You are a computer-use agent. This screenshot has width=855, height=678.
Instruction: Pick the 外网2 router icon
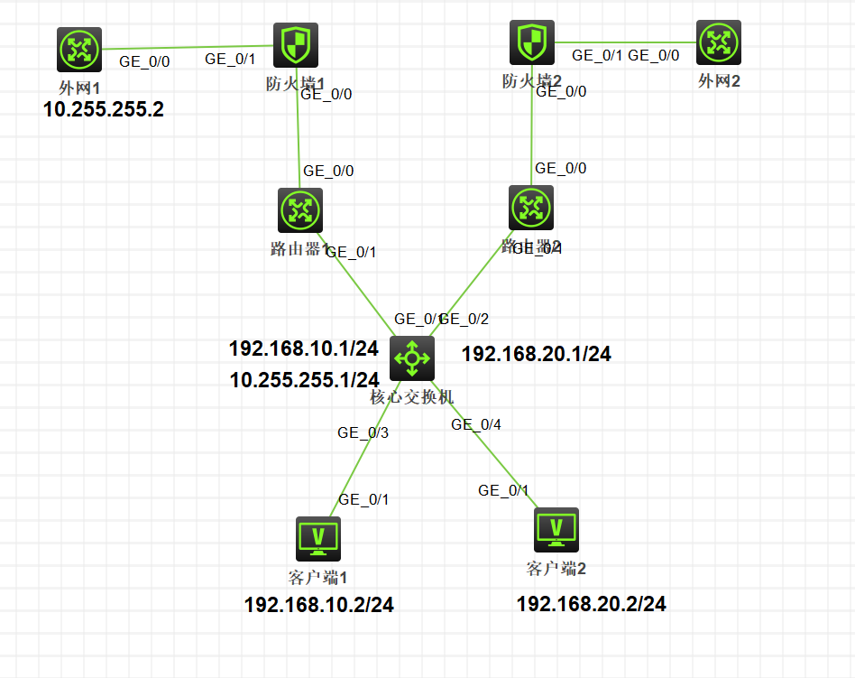pos(719,42)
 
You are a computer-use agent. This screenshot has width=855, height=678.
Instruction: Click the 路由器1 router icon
pos(300,210)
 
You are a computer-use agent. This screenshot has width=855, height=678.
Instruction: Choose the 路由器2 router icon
pos(531,209)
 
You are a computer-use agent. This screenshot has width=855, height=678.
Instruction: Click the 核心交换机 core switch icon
pos(412,358)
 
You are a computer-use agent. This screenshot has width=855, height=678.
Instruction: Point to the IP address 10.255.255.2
pos(104,110)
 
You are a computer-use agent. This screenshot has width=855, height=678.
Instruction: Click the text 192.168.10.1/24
pos(304,348)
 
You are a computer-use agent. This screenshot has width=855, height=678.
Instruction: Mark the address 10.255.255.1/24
pos(305,380)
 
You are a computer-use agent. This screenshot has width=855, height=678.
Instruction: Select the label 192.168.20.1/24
pos(537,355)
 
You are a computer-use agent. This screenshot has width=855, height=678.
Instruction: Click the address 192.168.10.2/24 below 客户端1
pos(319,605)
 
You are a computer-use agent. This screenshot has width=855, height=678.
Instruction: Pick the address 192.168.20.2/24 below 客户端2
pos(592,604)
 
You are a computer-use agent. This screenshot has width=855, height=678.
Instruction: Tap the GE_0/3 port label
pos(363,433)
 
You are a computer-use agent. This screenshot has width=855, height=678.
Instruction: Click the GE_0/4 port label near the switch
pos(477,424)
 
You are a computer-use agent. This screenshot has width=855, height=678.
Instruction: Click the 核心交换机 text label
pos(412,396)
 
